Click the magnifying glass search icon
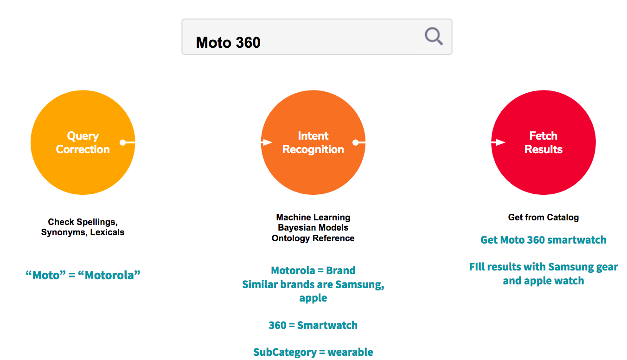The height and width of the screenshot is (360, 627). [x=434, y=36]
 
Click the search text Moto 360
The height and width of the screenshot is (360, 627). [x=228, y=43]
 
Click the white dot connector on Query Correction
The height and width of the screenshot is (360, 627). [x=123, y=142]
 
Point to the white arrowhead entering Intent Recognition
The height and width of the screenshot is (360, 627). [x=267, y=142]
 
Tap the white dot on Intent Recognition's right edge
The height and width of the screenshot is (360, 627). [x=356, y=142]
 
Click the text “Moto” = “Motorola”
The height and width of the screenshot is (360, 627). [x=83, y=275]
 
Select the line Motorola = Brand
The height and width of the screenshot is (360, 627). [x=313, y=270]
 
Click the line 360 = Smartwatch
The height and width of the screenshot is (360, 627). [x=313, y=325]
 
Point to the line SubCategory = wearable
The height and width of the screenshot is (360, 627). [x=313, y=352]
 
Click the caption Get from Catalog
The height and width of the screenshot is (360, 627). [x=543, y=217]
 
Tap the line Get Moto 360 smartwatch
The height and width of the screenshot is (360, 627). [x=543, y=240]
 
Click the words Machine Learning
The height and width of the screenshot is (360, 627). [x=313, y=217]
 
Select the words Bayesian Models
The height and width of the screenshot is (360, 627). [x=313, y=228]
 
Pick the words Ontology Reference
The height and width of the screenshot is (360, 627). [x=313, y=238]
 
